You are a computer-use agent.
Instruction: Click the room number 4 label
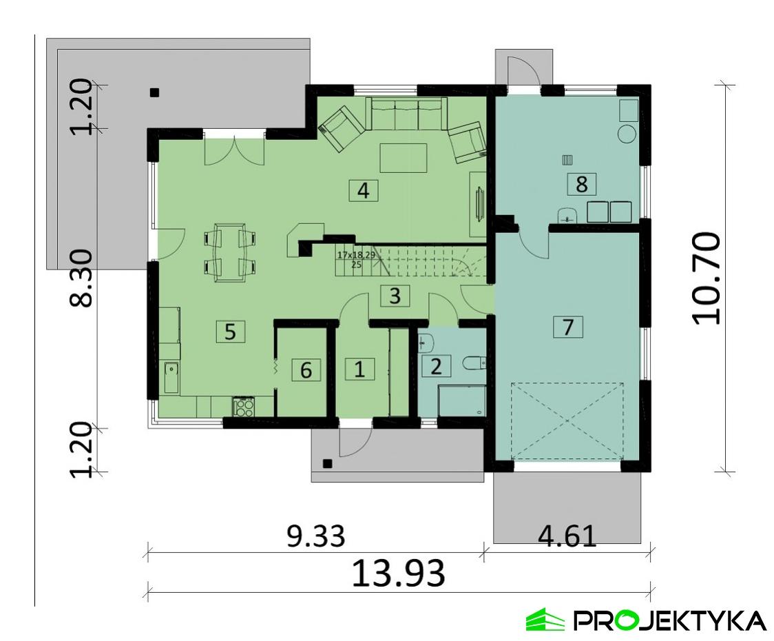(x=364, y=190)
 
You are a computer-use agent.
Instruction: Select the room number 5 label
(x=230, y=332)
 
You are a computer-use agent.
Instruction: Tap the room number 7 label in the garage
(x=568, y=326)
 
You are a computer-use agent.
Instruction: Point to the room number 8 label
(x=581, y=184)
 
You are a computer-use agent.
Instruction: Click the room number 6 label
(x=306, y=370)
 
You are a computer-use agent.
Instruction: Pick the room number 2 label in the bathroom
(x=435, y=365)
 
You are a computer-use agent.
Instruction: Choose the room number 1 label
(x=359, y=369)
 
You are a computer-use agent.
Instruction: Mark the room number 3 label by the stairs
(x=394, y=296)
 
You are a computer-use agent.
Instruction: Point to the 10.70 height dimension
(x=707, y=278)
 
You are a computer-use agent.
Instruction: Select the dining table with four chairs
(x=230, y=252)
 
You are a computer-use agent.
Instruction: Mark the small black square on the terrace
(x=156, y=92)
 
